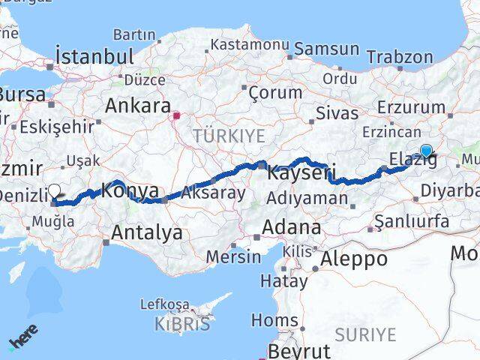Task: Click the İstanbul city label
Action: pyautogui.click(x=95, y=56)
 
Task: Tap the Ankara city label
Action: pyautogui.click(x=138, y=105)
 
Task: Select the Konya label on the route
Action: pyautogui.click(x=130, y=190)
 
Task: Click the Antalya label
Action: pyautogui.click(x=146, y=233)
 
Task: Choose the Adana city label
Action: pyautogui.click(x=291, y=227)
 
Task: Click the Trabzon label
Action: pyautogui.click(x=402, y=56)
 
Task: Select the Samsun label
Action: pyautogui.click(x=327, y=49)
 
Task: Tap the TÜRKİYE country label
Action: pyautogui.click(x=229, y=136)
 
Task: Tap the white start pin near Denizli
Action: pyautogui.click(x=55, y=192)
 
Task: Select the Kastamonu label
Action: pyautogui.click(x=250, y=45)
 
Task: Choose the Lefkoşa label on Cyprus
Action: pyautogui.click(x=165, y=304)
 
